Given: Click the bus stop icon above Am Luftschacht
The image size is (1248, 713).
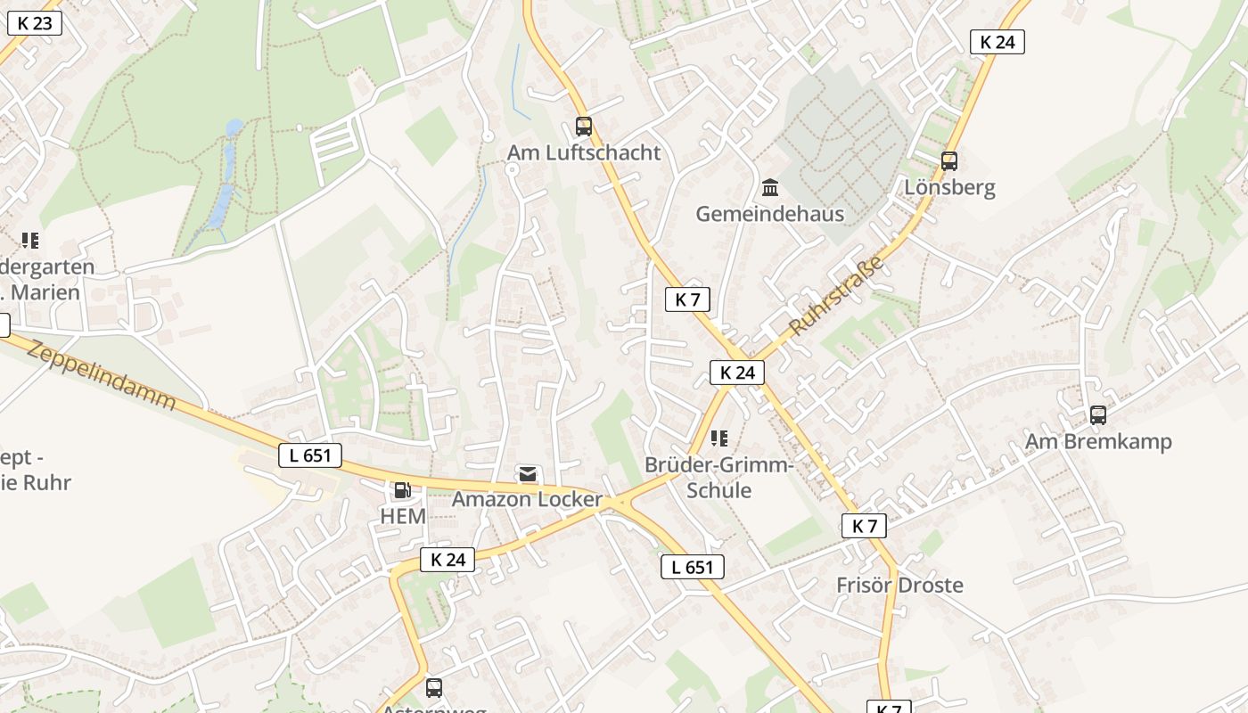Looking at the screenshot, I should coord(583,127).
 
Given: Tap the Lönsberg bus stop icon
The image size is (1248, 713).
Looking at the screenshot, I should coord(949,161).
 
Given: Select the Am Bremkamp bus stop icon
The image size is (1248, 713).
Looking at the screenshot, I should coord(1098,415).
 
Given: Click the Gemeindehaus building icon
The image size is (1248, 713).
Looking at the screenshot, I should coord(770,187).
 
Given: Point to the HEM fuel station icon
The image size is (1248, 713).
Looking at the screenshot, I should coord(402,490).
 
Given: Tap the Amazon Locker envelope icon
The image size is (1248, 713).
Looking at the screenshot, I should coord(528,473).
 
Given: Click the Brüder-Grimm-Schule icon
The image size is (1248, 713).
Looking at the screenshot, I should coord(719,438).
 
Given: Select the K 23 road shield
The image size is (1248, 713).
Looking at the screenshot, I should coord(35,23).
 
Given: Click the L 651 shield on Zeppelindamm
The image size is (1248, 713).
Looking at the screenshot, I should coord(310,455).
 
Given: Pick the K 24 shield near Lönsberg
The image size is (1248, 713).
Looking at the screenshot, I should coord(998,42).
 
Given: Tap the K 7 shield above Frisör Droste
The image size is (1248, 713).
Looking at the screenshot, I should coord(864,526).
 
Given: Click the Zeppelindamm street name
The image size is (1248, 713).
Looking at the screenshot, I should coord(101,373).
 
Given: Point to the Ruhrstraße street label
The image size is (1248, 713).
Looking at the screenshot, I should coord(836,295).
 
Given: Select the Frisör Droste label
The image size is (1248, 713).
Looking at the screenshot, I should coord(899,586).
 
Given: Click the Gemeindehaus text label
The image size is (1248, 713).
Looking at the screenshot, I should coord(769,214).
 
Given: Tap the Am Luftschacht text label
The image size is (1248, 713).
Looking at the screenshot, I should coord(584,152).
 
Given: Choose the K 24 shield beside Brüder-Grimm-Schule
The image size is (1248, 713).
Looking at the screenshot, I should coord(737,373).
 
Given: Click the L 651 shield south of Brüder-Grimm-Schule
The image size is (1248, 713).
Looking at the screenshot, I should coord(693,567).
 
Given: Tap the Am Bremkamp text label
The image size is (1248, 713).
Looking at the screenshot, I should coord(1098,442).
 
